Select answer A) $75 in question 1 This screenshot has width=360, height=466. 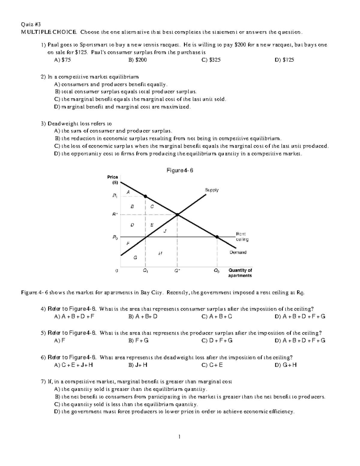click(x=62, y=60)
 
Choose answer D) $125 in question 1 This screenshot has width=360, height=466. click(x=284, y=60)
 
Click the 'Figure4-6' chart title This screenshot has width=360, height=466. click(x=180, y=170)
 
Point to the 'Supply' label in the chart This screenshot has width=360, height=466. click(x=211, y=190)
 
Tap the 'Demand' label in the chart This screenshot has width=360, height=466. click(x=238, y=252)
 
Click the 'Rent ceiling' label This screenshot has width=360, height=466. click(x=242, y=236)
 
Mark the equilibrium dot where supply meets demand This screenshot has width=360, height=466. click(x=177, y=215)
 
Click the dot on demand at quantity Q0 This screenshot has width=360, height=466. click(x=217, y=237)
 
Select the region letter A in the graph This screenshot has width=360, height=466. click(x=128, y=192)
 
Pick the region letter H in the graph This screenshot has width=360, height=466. click(x=160, y=254)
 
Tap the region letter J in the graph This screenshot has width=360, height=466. click(x=165, y=230)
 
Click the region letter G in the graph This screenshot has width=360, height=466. click(x=135, y=257)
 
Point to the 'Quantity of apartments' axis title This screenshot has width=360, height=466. click(x=240, y=273)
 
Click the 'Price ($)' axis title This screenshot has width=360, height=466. click(x=112, y=180)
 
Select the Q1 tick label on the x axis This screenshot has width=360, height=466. click(x=145, y=271)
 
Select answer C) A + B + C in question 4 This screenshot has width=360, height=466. click(x=217, y=316)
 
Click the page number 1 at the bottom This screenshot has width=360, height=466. click(x=179, y=437)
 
